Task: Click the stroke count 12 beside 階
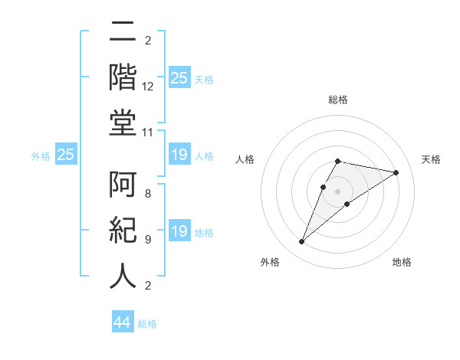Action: pos(149,87)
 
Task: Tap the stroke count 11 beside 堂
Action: pos(149,133)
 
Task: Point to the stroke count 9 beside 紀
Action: pos(147,239)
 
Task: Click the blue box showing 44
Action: pos(123,323)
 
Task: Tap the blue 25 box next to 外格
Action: pos(65,155)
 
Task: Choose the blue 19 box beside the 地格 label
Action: pos(179,232)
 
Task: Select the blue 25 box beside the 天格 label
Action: pos(179,78)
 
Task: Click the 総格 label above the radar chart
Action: pos(338,100)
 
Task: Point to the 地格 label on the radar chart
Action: pos(402,262)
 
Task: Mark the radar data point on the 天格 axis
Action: pos(396,172)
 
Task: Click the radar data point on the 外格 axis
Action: pos(302,242)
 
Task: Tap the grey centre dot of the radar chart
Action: pos(338,191)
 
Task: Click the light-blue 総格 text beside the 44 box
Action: pos(147,324)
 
